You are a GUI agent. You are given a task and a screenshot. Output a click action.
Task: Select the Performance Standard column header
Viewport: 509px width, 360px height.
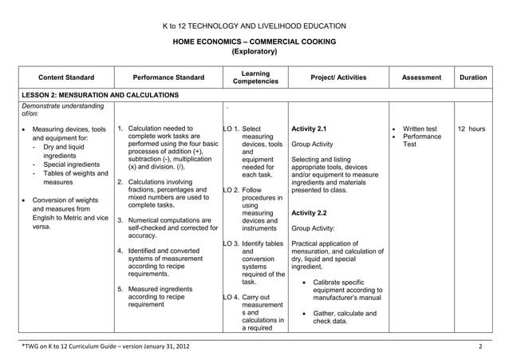click(168, 77)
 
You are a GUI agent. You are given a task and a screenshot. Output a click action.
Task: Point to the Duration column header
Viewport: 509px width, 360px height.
click(473, 77)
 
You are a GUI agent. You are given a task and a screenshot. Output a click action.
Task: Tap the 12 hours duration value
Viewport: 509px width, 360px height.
click(472, 129)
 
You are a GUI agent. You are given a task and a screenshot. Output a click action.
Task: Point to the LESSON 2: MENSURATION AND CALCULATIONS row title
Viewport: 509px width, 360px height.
click(100, 95)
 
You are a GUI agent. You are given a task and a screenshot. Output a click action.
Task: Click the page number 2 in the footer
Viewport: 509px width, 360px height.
click(480, 347)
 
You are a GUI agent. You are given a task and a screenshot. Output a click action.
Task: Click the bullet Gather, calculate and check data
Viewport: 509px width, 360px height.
click(344, 317)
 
